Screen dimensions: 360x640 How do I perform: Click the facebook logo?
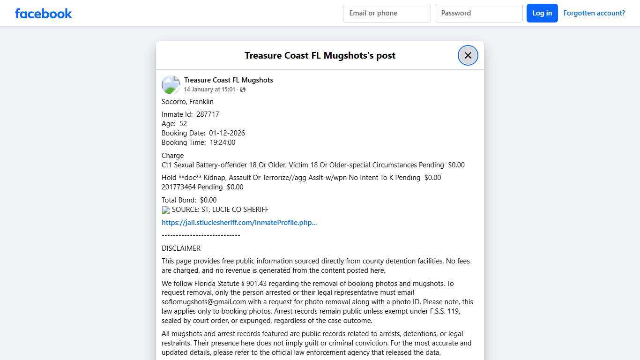point(44,14)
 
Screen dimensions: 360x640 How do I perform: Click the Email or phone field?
point(387,13)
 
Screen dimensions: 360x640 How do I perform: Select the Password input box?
point(478,13)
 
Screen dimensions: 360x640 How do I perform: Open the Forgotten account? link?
point(594,13)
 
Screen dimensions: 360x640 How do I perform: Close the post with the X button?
point(468,55)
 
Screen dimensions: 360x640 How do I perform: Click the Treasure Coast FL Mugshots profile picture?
point(171,85)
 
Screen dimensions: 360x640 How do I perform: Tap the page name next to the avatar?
point(228,80)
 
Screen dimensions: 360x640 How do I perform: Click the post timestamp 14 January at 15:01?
point(209,90)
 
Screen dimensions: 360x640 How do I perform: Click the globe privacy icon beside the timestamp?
point(243,90)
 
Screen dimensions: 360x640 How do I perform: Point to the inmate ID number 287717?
point(208,114)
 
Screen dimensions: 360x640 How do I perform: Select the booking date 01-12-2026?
point(227,133)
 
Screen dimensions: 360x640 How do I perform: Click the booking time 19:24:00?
point(223,142)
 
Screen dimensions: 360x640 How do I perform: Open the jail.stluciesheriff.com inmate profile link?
point(239,223)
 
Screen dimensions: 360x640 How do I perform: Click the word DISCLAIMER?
point(181,248)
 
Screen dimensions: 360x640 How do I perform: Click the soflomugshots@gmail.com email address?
point(204,302)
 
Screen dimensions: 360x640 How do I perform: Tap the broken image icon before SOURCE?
point(166,210)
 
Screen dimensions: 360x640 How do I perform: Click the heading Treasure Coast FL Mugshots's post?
point(320,55)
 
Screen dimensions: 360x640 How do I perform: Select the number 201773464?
point(179,187)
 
